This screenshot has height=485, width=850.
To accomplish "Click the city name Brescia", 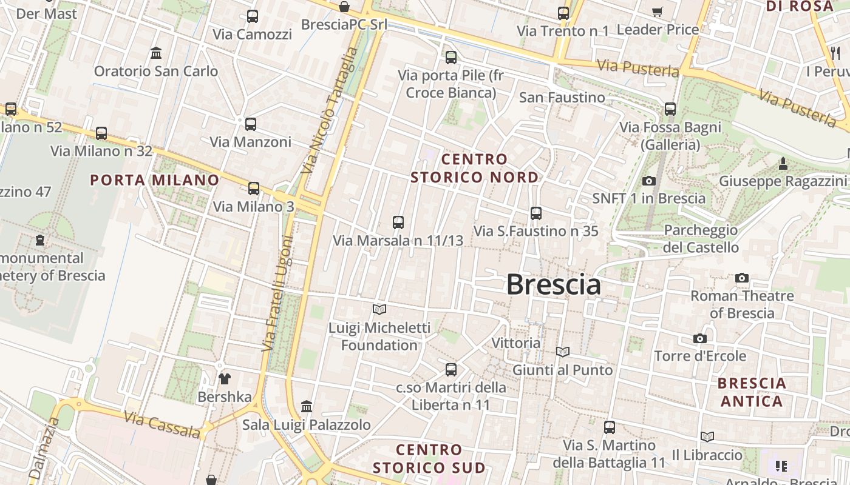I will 553,284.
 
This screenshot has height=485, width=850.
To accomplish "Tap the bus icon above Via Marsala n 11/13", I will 398,222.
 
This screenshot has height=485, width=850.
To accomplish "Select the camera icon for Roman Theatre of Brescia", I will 742,278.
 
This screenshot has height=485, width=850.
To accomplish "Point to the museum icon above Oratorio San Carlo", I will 156,53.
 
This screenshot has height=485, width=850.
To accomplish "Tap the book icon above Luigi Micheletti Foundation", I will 379,310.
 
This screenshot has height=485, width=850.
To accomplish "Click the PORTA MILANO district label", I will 154,180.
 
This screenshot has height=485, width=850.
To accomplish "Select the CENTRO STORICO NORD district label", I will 474,169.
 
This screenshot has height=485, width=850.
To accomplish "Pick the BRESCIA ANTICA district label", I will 752,392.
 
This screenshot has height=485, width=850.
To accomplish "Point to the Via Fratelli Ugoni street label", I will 277,293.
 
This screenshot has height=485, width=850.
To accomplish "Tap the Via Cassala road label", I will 161,424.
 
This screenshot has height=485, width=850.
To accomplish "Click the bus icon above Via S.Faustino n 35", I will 535,213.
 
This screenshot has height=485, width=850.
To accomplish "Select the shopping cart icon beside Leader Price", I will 658,12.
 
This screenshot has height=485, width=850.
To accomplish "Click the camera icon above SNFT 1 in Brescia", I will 649,181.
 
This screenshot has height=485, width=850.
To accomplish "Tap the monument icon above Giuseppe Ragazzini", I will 783,164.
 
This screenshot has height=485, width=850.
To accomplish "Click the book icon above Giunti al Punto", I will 563,352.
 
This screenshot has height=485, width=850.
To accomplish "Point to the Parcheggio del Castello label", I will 701,239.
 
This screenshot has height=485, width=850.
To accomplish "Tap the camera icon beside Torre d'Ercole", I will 700,339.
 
